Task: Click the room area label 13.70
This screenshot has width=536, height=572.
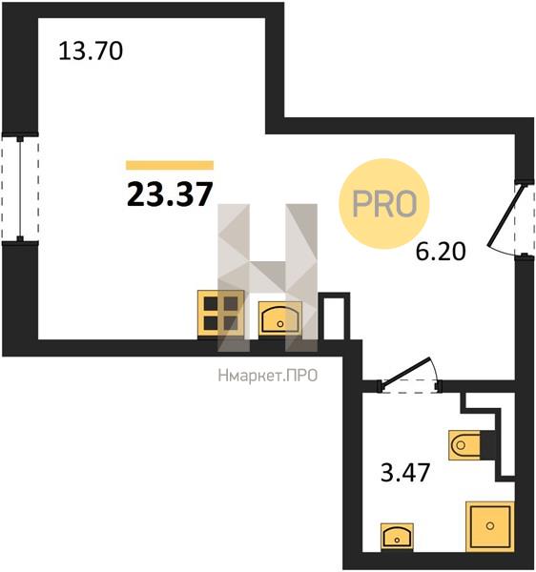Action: [91, 51]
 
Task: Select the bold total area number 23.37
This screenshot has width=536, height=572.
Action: [170, 194]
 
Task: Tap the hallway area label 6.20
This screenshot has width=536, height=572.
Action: [441, 252]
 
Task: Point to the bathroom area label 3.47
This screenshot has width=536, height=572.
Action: [405, 472]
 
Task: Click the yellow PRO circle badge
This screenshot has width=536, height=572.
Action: [384, 204]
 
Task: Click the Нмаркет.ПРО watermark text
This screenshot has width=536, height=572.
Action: [268, 376]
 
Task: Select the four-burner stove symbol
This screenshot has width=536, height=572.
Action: [220, 314]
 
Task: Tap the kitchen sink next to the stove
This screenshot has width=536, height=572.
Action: [279, 318]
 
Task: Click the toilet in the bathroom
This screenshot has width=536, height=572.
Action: [464, 445]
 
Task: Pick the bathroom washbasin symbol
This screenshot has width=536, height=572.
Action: [397, 536]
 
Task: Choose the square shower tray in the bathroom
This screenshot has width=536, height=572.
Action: [490, 526]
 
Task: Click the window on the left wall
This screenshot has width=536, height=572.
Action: [20, 189]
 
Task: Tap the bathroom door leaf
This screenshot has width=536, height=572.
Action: [405, 371]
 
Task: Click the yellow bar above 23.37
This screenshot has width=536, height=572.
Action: [170, 165]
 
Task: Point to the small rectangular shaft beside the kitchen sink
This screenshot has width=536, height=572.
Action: [334, 317]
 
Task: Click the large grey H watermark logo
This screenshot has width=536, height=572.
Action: [267, 277]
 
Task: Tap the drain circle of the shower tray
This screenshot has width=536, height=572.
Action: [490, 525]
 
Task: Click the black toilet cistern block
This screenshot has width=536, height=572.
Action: [487, 444]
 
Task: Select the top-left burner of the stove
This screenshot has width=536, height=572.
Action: [211, 303]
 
